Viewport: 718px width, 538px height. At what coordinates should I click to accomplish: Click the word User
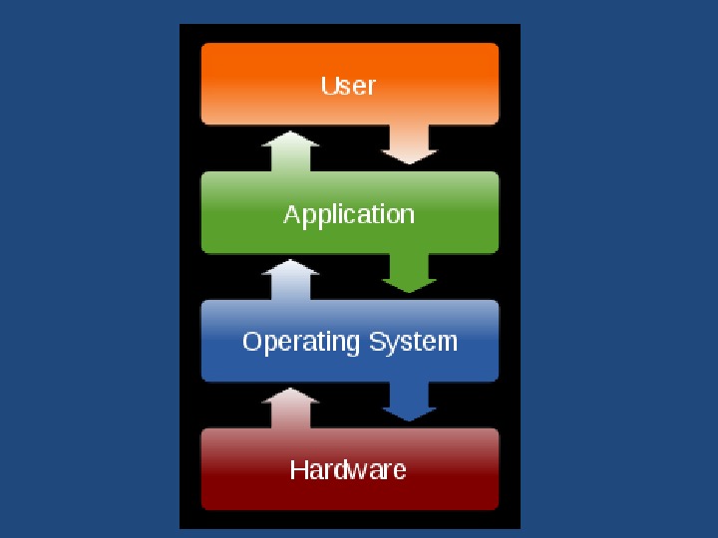coord(348,86)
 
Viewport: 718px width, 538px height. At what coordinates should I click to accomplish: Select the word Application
coord(348,214)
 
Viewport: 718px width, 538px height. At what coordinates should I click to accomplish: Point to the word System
coord(413,343)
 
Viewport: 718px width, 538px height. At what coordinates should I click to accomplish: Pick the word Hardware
coord(348,469)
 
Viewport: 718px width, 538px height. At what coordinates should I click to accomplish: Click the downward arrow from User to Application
coord(410,145)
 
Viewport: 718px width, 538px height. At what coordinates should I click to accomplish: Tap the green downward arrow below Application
coord(410,274)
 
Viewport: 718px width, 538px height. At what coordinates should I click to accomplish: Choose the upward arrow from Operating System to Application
coord(290,280)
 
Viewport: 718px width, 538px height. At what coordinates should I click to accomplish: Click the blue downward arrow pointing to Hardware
coord(410,403)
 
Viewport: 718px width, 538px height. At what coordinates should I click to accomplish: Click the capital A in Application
coord(291,214)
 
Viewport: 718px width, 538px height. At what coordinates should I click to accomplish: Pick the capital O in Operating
coord(252,342)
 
